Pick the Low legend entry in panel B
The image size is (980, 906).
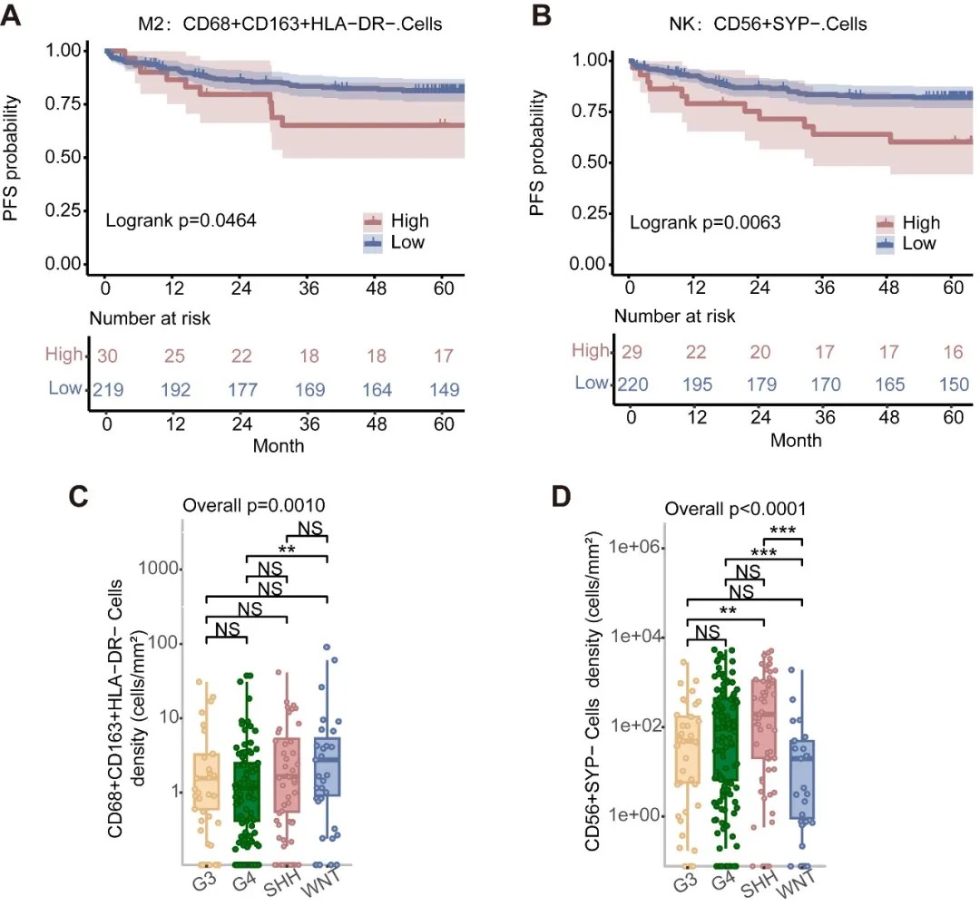point(919,244)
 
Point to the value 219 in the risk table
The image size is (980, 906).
point(107,390)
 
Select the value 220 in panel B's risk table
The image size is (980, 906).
point(632,384)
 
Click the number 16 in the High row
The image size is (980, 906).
point(949,351)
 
